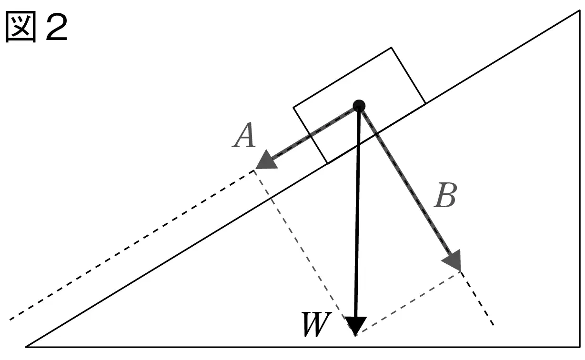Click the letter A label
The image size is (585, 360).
pos(244,135)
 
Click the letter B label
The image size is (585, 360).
pos(445,195)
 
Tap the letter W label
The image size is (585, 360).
pos(316,324)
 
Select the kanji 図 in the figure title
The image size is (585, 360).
pos(20,26)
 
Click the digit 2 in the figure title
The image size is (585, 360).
pos(56,27)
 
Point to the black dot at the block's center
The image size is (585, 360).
pos(359,106)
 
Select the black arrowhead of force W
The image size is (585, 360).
pos(355,325)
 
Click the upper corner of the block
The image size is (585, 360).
pos(391,48)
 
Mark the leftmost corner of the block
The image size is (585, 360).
pos(293,107)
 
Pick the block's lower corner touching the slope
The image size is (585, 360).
pos(327,164)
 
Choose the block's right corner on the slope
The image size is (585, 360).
pos(425,104)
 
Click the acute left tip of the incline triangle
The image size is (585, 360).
pos(26,347)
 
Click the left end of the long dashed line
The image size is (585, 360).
pos(10,320)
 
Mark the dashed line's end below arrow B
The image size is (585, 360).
pos(494,325)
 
